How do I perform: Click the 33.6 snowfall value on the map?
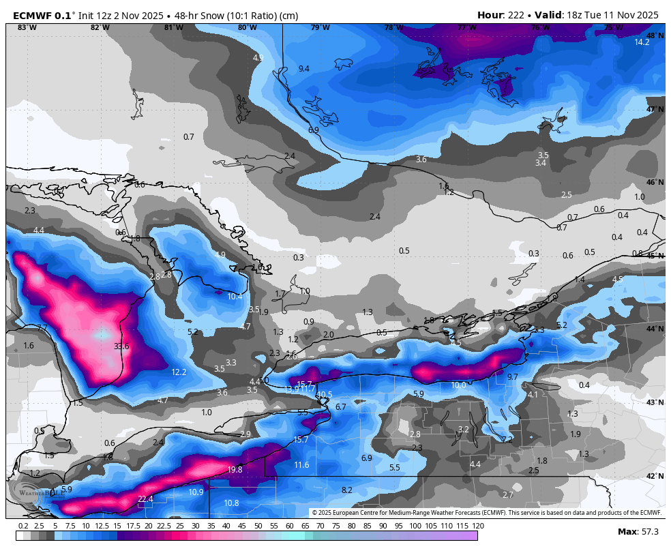tap(121, 346)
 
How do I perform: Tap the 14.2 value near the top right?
tap(642, 42)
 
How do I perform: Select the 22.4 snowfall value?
tap(145, 499)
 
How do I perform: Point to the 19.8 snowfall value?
tap(235, 469)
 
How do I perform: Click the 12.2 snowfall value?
tap(179, 372)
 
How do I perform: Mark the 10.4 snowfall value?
tap(235, 297)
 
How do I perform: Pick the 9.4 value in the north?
tap(303, 69)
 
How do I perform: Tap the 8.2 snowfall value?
tap(346, 490)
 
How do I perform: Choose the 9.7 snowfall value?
tap(513, 377)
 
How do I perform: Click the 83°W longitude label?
tap(27, 28)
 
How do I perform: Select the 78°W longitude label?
tap(393, 28)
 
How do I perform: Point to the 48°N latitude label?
tap(655, 35)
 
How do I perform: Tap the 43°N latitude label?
tap(655, 402)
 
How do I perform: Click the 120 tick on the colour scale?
tap(477, 526)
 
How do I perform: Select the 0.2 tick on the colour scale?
tap(23, 526)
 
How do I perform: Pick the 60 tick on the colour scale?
tap(289, 526)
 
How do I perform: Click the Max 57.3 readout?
tap(641, 531)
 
